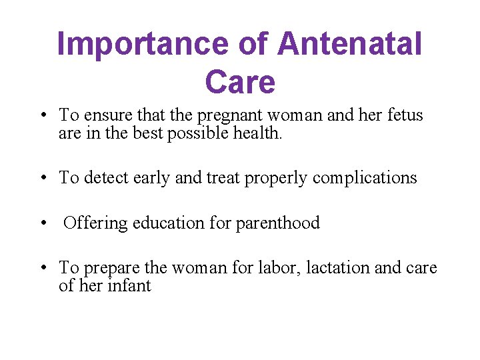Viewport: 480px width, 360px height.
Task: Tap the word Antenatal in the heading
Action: pos(350,45)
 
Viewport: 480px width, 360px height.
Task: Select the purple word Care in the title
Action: pos(240,83)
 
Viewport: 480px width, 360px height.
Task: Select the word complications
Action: pos(365,179)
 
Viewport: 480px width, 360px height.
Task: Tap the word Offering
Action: pos(96,223)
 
